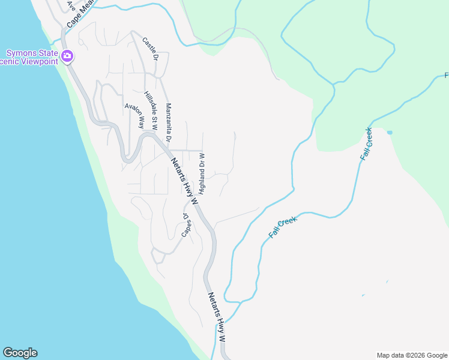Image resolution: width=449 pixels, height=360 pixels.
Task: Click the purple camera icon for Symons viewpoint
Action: point(67,56)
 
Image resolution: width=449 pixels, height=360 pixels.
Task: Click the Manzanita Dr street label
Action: point(169,122)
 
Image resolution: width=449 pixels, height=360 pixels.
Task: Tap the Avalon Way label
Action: point(135,115)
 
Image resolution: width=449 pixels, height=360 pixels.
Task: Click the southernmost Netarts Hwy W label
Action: point(217,317)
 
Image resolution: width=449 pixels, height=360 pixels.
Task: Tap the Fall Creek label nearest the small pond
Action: point(367,143)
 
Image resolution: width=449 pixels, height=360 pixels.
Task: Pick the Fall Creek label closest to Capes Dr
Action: point(283,227)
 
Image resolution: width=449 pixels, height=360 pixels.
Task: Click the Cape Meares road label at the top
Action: point(81,13)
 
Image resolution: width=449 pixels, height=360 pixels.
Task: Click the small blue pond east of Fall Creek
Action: point(390,132)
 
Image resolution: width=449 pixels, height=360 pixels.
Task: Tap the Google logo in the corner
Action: point(20,353)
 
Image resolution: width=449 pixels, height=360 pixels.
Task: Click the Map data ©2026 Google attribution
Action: point(411,355)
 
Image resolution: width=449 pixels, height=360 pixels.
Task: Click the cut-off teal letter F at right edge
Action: point(446,76)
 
